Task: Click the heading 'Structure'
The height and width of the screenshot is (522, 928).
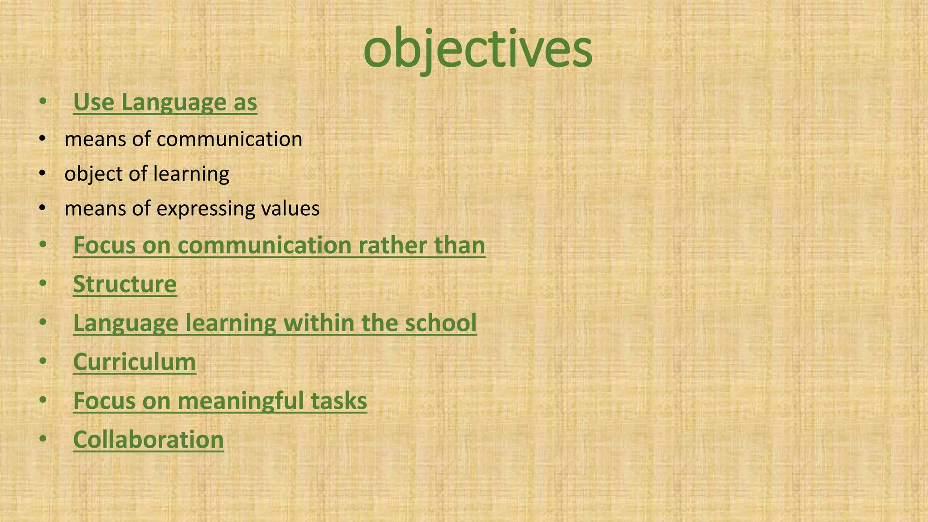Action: click(x=125, y=284)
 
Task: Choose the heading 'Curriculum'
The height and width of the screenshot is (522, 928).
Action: click(x=135, y=362)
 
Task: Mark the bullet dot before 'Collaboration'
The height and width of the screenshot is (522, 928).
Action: click(x=43, y=439)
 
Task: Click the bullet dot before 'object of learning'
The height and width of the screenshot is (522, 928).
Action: click(x=43, y=173)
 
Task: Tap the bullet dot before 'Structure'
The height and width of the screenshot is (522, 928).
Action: click(x=43, y=283)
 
